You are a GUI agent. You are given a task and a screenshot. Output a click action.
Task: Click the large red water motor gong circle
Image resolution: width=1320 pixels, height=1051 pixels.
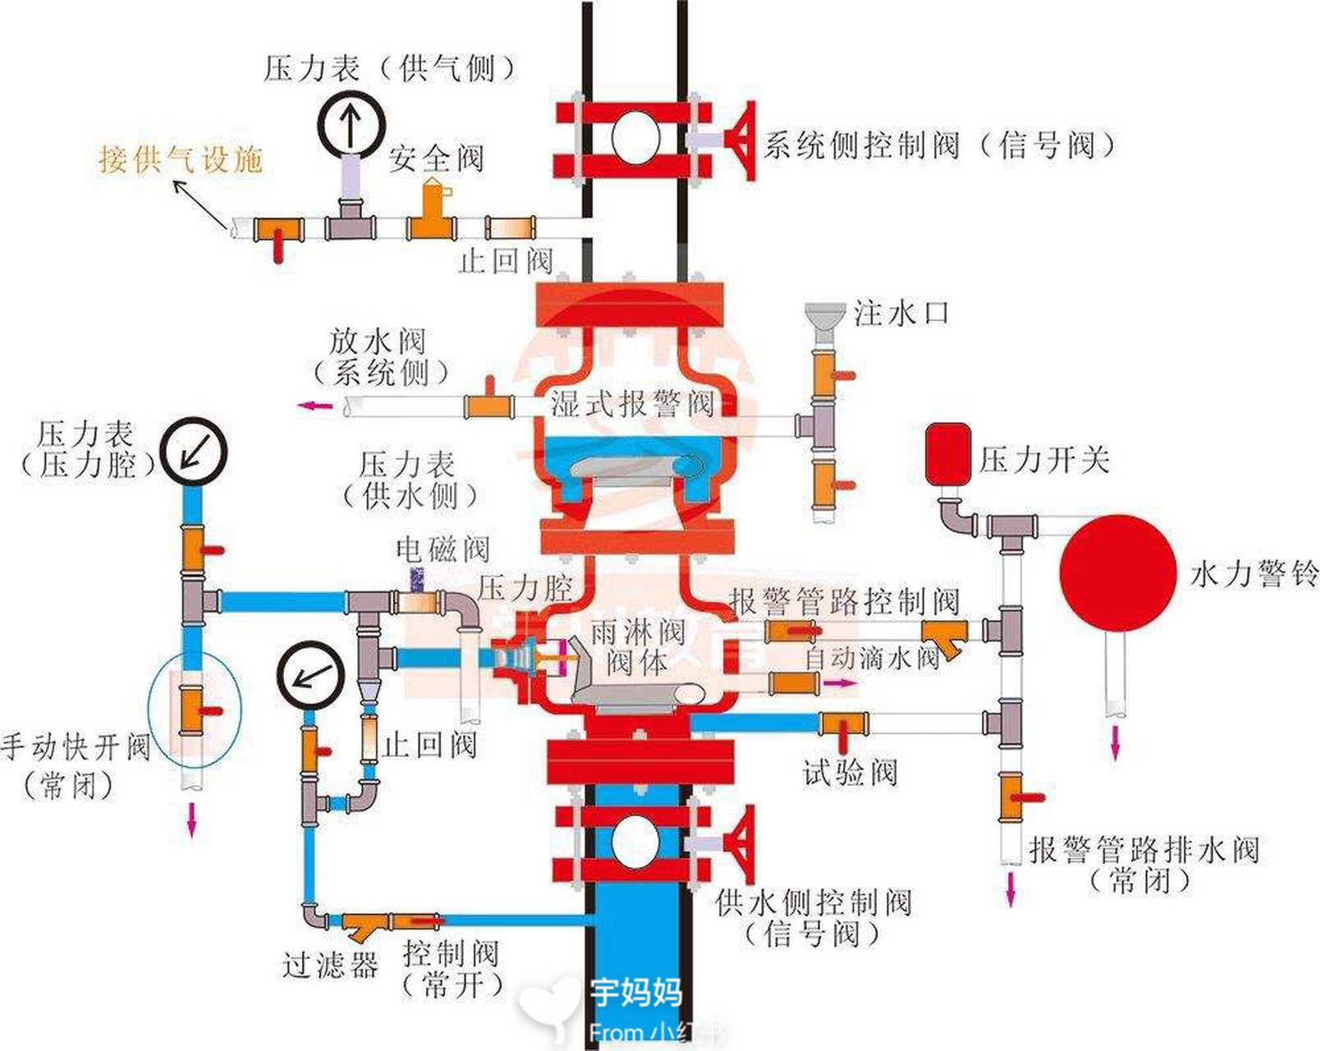(1117, 573)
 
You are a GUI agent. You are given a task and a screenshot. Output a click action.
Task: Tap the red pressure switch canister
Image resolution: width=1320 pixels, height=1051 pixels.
(948, 453)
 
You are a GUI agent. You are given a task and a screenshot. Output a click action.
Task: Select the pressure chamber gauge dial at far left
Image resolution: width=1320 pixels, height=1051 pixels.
(193, 452)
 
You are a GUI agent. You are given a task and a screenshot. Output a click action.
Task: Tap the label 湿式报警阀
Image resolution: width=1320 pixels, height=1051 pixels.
(632, 404)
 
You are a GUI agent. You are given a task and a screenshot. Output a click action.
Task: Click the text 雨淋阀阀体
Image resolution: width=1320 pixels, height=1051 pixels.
(638, 647)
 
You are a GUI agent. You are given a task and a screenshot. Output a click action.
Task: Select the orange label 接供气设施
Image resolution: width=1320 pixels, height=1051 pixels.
(181, 158)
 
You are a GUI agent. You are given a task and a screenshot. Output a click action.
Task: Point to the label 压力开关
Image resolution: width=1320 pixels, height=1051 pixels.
(1044, 460)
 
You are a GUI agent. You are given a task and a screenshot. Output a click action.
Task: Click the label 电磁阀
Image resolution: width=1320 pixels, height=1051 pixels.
(442, 548)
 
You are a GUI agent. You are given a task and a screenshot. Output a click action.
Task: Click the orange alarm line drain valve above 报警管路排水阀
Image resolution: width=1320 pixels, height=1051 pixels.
(1011, 796)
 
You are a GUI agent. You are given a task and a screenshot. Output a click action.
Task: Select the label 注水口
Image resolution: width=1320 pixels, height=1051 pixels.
(901, 313)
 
